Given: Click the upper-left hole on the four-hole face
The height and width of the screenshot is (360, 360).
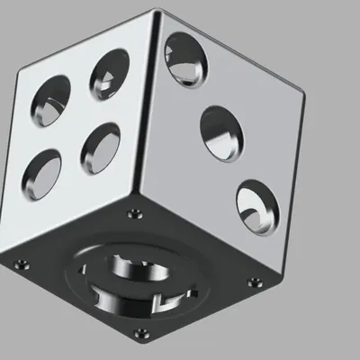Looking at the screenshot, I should [x=50, y=101].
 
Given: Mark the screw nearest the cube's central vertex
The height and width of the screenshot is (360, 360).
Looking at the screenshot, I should [x=135, y=214].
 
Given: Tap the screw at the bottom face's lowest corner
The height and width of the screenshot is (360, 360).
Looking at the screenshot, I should [x=142, y=340].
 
